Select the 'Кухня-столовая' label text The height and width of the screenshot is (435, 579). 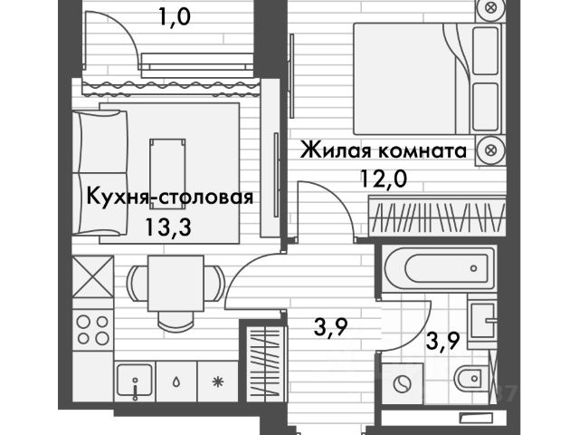[x=169, y=197]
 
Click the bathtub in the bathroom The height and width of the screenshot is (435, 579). [x=437, y=267]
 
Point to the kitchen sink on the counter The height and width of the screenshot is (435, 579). [x=134, y=382]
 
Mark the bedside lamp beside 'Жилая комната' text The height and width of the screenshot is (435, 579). [x=489, y=150]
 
